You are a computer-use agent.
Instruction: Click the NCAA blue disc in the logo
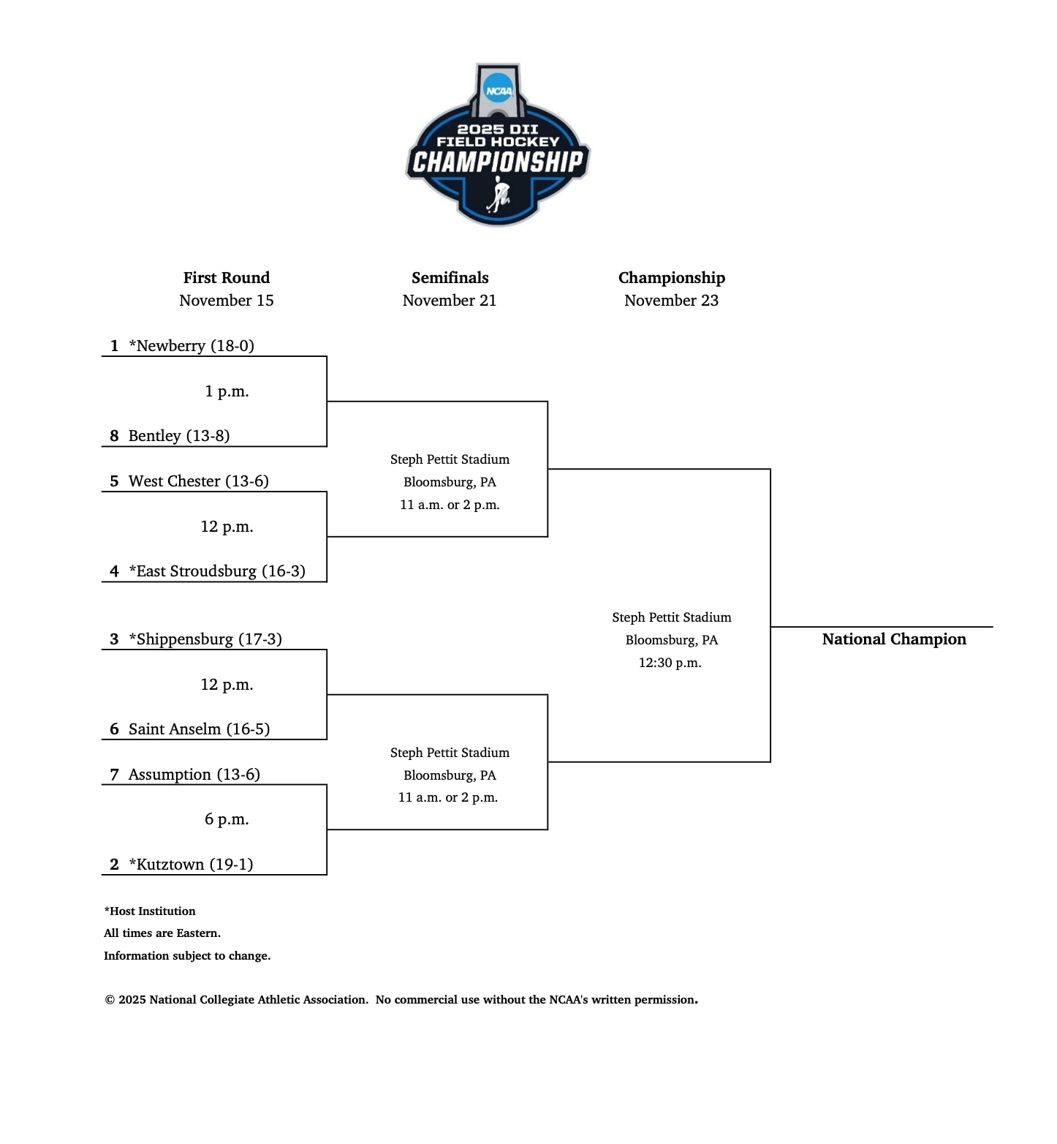pyautogui.click(x=499, y=91)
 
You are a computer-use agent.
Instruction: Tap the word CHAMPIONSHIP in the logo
pyautogui.click(x=498, y=162)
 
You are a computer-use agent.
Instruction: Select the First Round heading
pyautogui.click(x=227, y=278)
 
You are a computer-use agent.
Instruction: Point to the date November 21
pyautogui.click(x=450, y=301)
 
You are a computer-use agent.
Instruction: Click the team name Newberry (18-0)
pyautogui.click(x=192, y=346)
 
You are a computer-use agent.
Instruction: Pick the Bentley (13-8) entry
pyautogui.click(x=179, y=436)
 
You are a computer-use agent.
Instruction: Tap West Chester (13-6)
pyautogui.click(x=198, y=481)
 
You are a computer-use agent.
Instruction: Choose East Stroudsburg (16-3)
pyautogui.click(x=217, y=571)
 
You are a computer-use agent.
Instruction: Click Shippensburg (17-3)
pyautogui.click(x=205, y=639)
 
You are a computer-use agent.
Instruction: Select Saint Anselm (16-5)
pyautogui.click(x=199, y=729)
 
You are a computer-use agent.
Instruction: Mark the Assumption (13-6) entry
pyautogui.click(x=194, y=775)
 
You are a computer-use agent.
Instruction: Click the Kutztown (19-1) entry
pyautogui.click(x=191, y=865)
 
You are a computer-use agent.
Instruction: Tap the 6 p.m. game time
pyautogui.click(x=227, y=819)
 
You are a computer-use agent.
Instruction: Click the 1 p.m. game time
pyautogui.click(x=227, y=391)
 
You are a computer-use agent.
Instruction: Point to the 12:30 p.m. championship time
pyautogui.click(x=670, y=663)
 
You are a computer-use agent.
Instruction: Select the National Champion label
pyautogui.click(x=894, y=639)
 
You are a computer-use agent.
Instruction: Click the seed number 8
pyautogui.click(x=114, y=436)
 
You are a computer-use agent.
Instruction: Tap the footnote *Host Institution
pyautogui.click(x=150, y=911)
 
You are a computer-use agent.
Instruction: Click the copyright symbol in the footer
pyautogui.click(x=110, y=1000)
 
